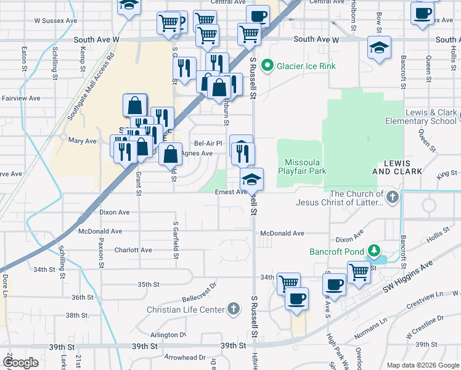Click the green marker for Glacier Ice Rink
267,65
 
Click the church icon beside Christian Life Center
233,308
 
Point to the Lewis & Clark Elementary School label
430,117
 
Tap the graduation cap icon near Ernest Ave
251,179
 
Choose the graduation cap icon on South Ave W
379,47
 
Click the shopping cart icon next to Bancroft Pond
359,271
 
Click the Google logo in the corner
21,363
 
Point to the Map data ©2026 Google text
422,364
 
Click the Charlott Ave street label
133,250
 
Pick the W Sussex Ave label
55,20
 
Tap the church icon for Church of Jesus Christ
392,198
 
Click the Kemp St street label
82,62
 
